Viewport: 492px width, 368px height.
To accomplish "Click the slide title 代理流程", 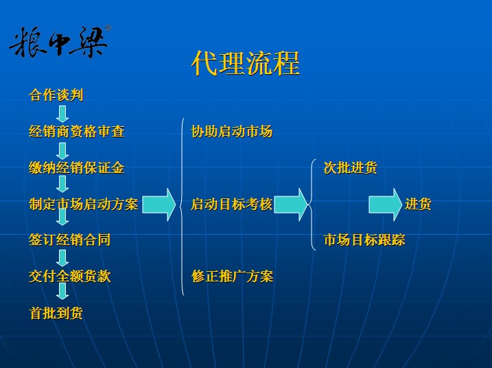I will [x=246, y=64].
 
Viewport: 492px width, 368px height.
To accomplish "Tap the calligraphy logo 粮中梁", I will [x=59, y=42].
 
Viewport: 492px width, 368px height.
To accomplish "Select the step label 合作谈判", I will [x=56, y=95].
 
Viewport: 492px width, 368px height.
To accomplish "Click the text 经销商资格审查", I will [x=77, y=131].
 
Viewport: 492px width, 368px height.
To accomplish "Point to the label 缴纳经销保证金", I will [x=77, y=168].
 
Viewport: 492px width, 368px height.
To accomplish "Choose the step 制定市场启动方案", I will [x=84, y=204].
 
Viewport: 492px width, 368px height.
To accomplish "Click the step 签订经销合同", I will [x=70, y=240].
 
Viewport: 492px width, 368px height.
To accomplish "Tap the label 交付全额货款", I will [x=70, y=277].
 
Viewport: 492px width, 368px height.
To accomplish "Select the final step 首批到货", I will [x=56, y=313].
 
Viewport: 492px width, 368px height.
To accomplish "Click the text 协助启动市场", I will [x=232, y=131].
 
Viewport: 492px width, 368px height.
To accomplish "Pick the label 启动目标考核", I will [x=232, y=204].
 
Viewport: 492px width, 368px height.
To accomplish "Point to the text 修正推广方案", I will [x=232, y=277].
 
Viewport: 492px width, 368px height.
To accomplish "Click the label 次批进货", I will [x=350, y=168].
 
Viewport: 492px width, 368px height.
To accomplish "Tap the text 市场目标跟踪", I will [x=364, y=240].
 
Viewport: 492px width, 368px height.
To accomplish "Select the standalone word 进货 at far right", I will [x=418, y=204].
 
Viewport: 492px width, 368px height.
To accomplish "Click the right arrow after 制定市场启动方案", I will [x=159, y=205].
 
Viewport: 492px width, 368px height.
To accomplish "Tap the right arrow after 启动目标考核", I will [x=291, y=205].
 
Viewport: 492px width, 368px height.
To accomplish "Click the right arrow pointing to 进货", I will [x=385, y=205].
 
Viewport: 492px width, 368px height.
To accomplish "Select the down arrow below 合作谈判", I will [x=62, y=113].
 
